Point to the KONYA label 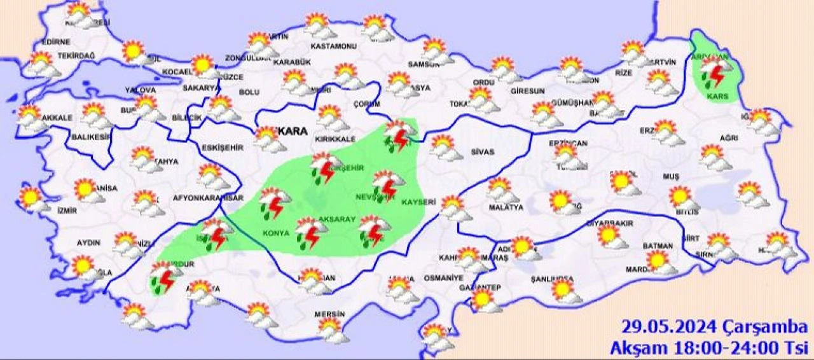275,233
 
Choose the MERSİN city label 329,315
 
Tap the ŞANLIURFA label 555,279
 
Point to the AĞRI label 729,138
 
